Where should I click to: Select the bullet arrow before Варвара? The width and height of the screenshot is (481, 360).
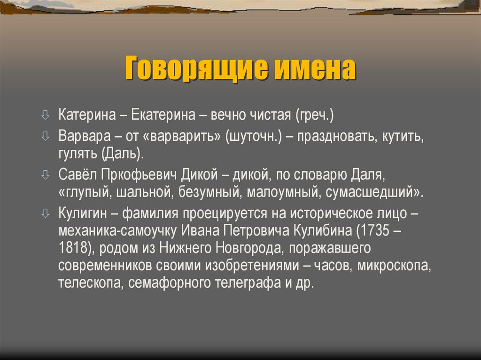(x=45, y=137)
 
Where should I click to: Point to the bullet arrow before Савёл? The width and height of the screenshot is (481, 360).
(x=45, y=175)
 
